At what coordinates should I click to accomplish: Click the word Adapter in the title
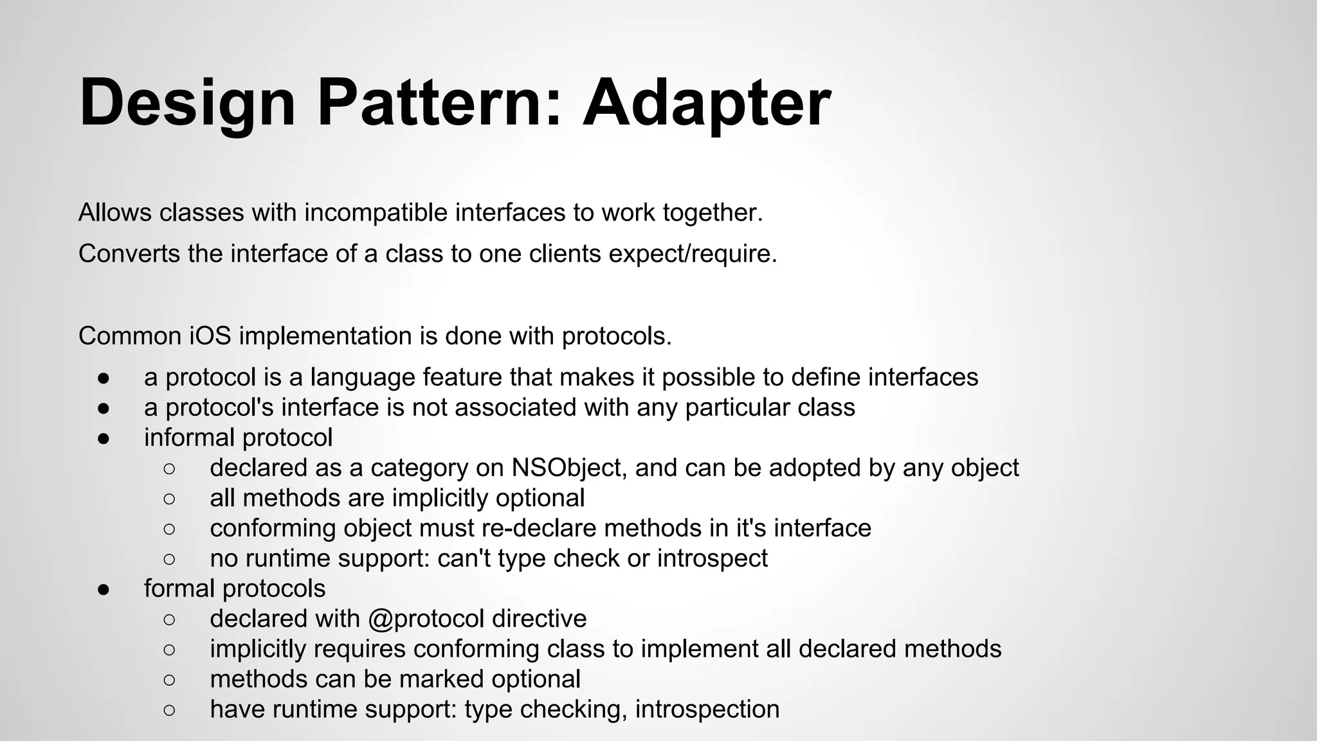(x=706, y=103)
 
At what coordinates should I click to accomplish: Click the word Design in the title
(x=187, y=103)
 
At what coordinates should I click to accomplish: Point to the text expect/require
(x=693, y=253)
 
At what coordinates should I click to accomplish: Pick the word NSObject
(x=569, y=468)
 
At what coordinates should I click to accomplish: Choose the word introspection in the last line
(x=707, y=709)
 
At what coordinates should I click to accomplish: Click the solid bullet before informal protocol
(x=104, y=438)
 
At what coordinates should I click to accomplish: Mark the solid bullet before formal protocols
(x=104, y=589)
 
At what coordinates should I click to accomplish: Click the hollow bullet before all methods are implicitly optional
(x=169, y=499)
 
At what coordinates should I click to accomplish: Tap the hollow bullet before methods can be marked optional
(x=169, y=679)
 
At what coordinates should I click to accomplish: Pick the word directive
(x=539, y=618)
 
